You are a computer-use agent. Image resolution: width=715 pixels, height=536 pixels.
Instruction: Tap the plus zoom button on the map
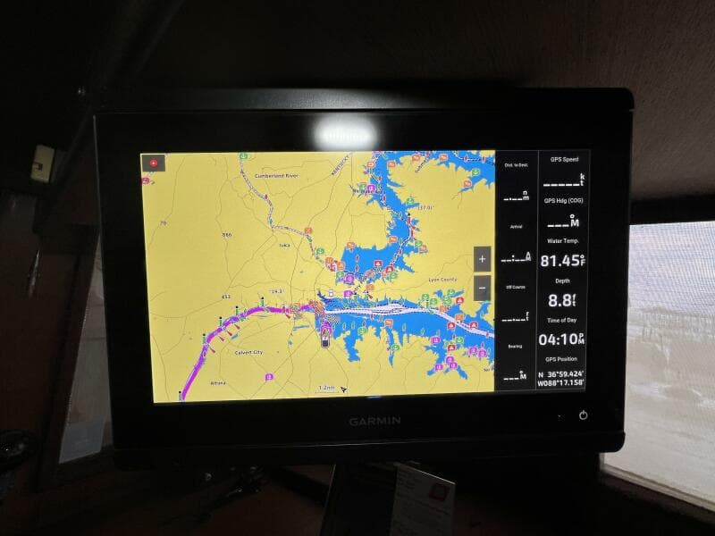click(483, 259)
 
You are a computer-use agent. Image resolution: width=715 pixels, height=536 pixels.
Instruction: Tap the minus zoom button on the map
click(483, 288)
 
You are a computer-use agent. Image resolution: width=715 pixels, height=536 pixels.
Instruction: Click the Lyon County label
click(443, 280)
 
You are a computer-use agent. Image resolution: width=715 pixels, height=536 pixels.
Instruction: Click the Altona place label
click(218, 383)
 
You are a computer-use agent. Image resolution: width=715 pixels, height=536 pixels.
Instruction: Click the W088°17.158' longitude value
click(560, 383)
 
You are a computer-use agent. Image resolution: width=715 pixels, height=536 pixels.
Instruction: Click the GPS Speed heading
click(564, 159)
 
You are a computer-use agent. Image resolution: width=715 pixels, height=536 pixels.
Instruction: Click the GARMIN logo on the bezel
click(374, 421)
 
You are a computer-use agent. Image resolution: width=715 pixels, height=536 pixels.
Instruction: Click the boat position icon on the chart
click(324, 335)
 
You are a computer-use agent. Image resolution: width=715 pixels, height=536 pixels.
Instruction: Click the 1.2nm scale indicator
click(327, 388)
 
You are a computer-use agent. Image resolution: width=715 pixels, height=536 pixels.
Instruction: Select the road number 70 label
click(163, 222)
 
